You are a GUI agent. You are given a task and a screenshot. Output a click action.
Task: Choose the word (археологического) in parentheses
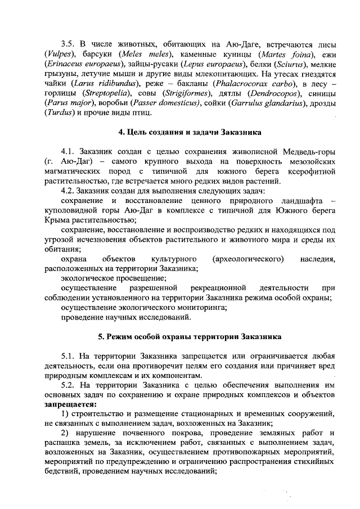coord(252,259)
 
